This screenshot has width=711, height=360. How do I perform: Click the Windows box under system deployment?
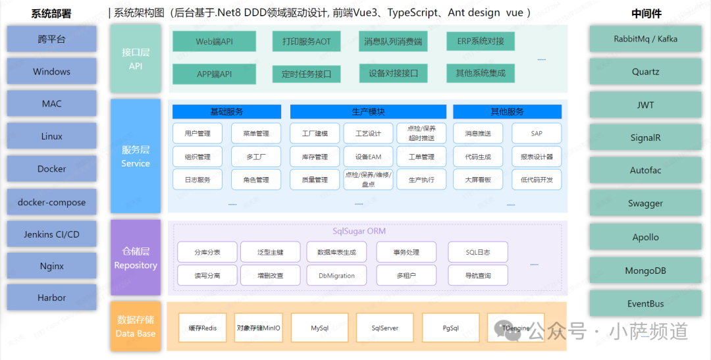51,71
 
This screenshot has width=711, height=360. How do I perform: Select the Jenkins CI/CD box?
51,234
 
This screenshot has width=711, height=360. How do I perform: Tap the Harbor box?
51,297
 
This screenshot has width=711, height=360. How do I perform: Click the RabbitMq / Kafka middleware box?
645,39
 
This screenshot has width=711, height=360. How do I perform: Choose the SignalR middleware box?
645,138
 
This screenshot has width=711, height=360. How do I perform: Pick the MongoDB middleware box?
645,270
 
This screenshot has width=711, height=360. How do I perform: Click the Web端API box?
214,41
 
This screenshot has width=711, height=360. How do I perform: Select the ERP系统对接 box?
481,41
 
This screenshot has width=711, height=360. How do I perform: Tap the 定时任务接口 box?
306,74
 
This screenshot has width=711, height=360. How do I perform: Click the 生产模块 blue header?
368,112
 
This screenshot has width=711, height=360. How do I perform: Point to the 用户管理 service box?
197,134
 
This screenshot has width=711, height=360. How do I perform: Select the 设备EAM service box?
368,157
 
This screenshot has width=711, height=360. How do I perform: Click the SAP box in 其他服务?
537,134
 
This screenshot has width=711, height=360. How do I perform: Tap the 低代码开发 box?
537,180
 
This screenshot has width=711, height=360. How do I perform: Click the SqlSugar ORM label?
359,231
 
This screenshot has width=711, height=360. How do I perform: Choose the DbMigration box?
336,275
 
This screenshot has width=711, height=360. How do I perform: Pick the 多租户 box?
406,275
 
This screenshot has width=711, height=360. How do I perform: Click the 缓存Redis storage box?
203,327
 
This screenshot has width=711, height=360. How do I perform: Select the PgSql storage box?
450,327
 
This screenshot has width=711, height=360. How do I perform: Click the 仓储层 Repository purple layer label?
136,258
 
